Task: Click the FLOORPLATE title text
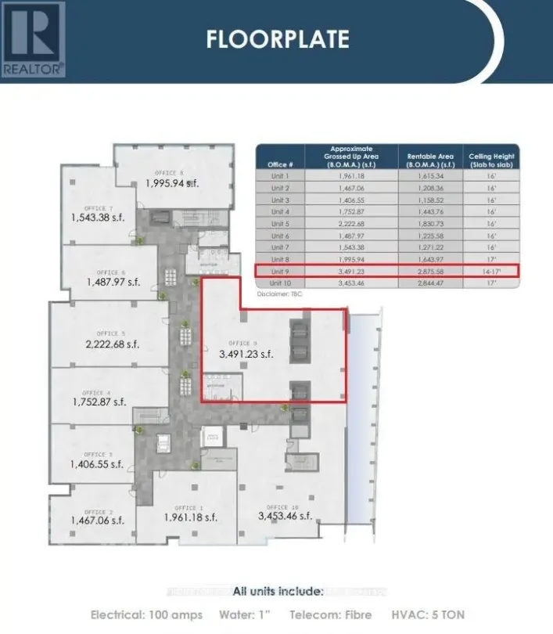point(278,39)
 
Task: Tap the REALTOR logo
point(33,39)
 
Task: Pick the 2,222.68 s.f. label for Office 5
point(111,344)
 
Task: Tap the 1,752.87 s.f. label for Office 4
point(98,402)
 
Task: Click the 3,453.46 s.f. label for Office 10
point(285,516)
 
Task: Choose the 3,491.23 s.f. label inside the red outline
point(246,354)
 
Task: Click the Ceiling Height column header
point(491,160)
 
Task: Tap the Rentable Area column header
point(430,160)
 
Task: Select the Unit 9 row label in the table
point(280,271)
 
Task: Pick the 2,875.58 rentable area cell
point(430,271)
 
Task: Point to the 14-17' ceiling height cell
point(491,271)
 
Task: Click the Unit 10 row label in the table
point(280,283)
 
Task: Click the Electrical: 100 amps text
point(146,614)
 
